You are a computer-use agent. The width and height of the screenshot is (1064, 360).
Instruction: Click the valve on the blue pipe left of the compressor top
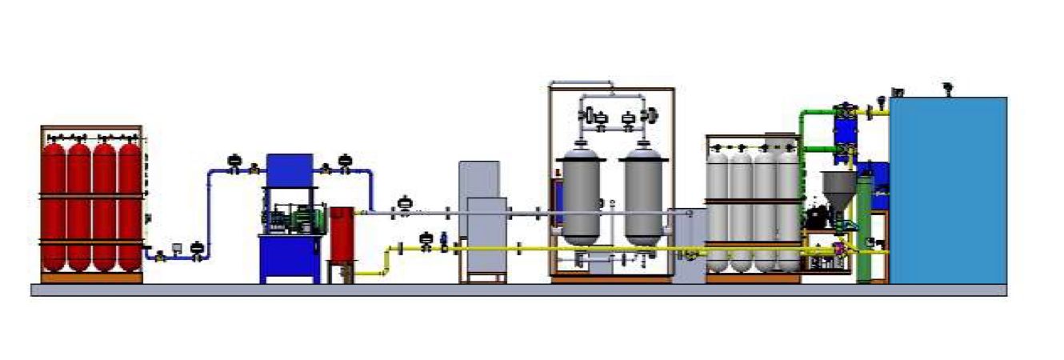[235, 162]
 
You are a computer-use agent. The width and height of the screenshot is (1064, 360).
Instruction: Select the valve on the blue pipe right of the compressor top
[345, 162]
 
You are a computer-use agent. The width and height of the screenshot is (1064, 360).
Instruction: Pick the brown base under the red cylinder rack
[91, 278]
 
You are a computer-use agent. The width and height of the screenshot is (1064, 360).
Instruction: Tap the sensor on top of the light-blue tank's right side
[949, 87]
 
